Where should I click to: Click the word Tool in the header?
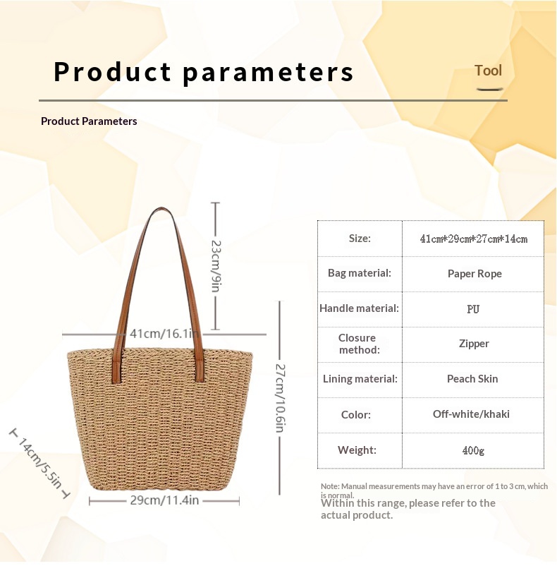point(488,71)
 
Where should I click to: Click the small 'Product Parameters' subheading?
point(89,121)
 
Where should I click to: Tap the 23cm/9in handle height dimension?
point(216,266)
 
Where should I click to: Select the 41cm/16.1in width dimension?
point(164,334)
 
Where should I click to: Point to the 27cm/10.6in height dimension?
point(280,398)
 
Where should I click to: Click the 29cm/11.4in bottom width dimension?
point(164,500)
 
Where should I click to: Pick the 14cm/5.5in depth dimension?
point(40,463)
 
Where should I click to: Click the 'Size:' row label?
point(360,239)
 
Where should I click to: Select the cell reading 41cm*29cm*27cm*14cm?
point(473,239)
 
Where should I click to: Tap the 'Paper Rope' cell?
point(475,274)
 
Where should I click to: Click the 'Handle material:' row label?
point(359,308)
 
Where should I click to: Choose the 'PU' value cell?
point(473,309)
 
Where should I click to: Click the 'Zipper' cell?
point(474,343)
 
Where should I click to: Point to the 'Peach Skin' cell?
point(472,379)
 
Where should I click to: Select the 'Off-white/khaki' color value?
point(471,414)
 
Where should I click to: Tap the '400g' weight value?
point(473,450)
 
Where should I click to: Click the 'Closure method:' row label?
point(359,344)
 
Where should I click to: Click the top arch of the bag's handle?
point(161,210)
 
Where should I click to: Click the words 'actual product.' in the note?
point(357,515)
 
